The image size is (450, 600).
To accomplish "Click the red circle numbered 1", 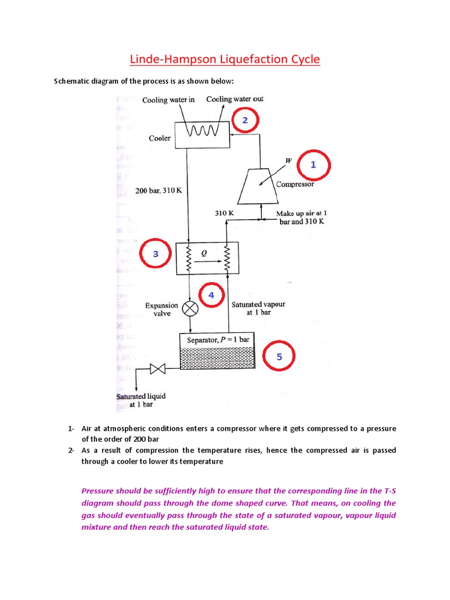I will [x=313, y=165].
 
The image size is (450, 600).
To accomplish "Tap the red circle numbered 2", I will [x=245, y=121].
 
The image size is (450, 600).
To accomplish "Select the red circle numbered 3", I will [x=155, y=254].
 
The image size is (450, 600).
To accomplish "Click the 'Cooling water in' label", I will [x=168, y=100].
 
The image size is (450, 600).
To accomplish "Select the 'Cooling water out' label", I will [x=234, y=99].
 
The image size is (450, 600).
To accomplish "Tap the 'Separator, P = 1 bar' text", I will [x=218, y=340].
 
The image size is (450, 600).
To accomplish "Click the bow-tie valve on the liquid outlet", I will [x=157, y=369].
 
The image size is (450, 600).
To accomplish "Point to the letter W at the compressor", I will [x=288, y=160].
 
